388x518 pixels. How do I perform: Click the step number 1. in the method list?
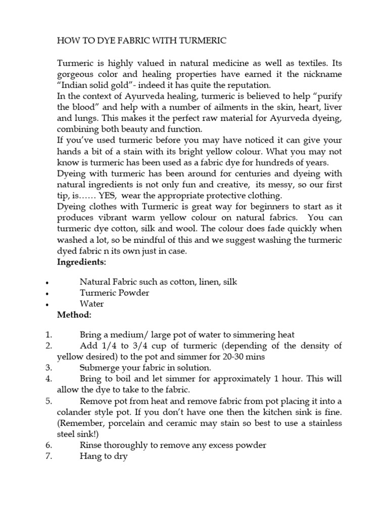pyautogui.click(x=48, y=335)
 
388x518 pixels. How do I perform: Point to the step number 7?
pyautogui.click(x=48, y=456)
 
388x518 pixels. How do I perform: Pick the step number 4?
pyautogui.click(x=48, y=378)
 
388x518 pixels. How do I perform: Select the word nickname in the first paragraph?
pyautogui.click(x=321, y=74)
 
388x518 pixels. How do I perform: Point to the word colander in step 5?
pyautogui.click(x=73, y=412)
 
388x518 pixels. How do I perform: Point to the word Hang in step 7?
pyautogui.click(x=90, y=456)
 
